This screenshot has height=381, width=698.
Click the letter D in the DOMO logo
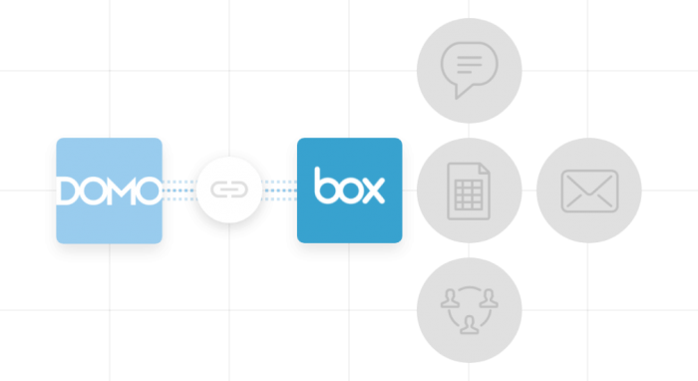coord(69,190)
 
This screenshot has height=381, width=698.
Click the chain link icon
coord(229,190)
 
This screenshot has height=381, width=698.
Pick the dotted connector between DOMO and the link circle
coord(179,190)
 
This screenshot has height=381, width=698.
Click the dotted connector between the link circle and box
coord(279,190)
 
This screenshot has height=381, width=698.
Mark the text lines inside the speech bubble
coord(469,65)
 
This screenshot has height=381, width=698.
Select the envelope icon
coord(589,190)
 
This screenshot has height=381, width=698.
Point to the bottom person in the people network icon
coord(469,324)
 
